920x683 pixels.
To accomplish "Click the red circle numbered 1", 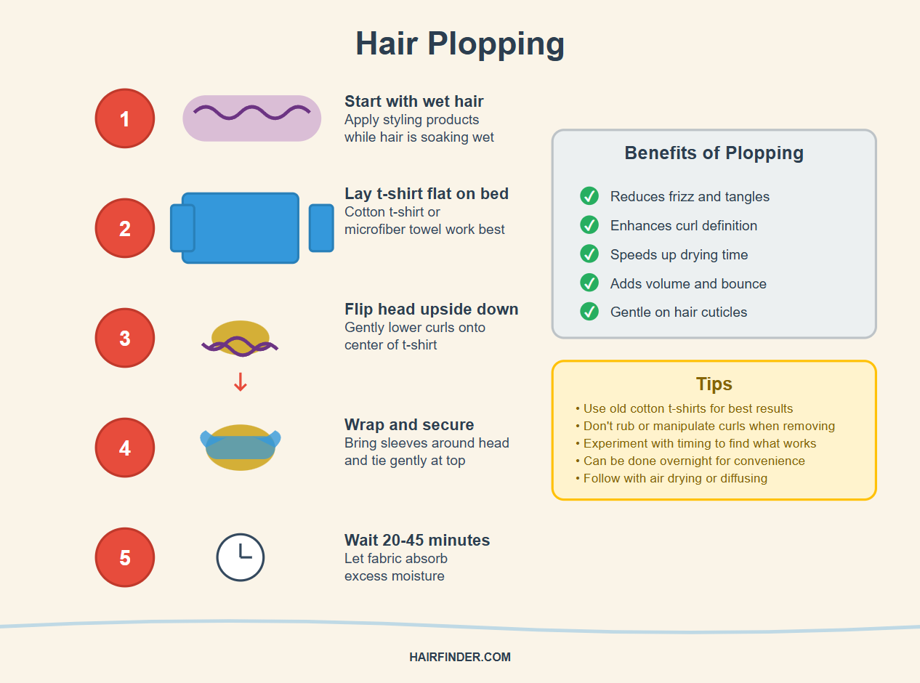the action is pos(125,118).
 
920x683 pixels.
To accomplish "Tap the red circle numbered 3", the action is pos(125,338).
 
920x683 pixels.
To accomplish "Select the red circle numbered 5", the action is pos(125,557).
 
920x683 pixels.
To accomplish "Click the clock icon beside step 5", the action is pos(240,557).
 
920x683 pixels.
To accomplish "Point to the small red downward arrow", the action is pos(241,382).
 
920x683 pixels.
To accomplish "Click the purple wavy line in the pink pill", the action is pos(251,113).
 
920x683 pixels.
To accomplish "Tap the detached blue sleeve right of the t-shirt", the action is pos(321,228).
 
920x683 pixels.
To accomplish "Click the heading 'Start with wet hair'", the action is pos(414,101).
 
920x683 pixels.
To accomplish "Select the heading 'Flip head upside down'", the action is pos(432,310).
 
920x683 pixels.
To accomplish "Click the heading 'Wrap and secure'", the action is pos(409,424).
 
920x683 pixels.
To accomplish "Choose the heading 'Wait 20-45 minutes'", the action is pos(417,540).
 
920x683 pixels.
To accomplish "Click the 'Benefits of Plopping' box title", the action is pos(714,153).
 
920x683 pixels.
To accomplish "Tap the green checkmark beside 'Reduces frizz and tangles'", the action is pos(589,196).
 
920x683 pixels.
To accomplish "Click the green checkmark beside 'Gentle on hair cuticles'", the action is pos(589,312).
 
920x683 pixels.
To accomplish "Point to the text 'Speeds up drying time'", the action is pos(679,254).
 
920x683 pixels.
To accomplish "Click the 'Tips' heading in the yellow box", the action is pos(714,384).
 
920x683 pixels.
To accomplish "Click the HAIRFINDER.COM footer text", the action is pos(460,658).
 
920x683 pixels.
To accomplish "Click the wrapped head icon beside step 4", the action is pos(241,447).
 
